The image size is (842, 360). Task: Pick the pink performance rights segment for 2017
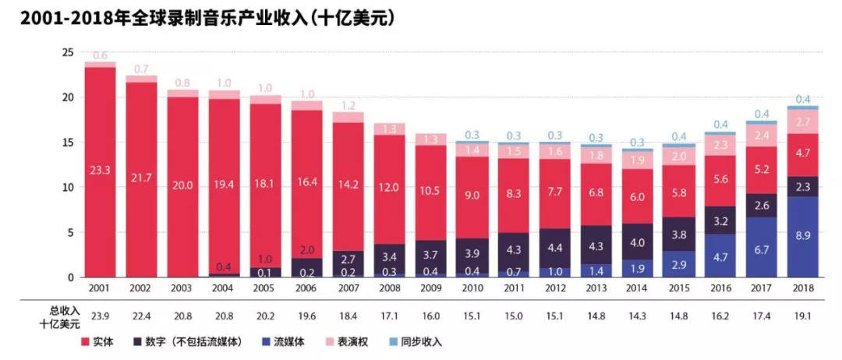762,136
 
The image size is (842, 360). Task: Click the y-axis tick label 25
68,52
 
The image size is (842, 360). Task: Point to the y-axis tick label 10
68,188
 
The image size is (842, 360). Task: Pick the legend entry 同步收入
424,341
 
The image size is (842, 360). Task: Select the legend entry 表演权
356,341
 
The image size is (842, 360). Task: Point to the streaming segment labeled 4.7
720,256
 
